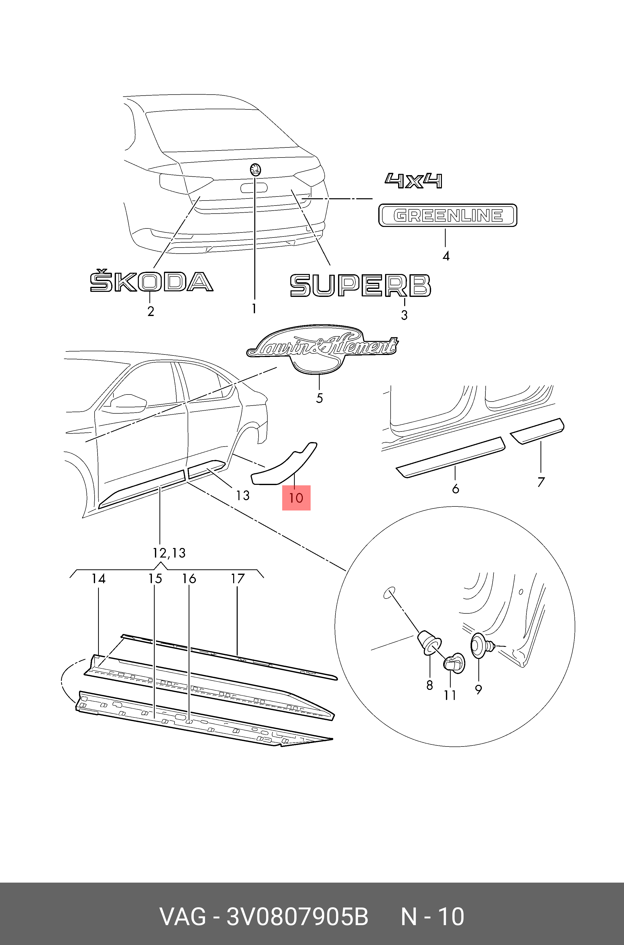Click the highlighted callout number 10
[296, 498]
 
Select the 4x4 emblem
[413, 181]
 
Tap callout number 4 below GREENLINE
[446, 256]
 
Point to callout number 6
[456, 488]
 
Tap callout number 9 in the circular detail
[479, 689]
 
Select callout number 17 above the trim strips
[238, 578]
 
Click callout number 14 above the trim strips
[99, 578]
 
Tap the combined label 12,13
[169, 553]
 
